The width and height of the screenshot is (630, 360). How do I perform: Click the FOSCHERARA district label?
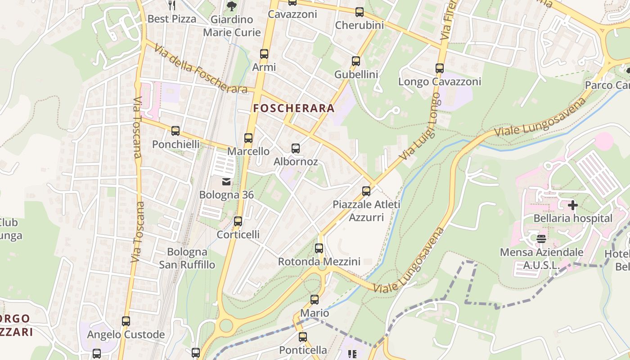coord(294,108)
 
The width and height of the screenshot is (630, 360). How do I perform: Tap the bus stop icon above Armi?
coord(264,54)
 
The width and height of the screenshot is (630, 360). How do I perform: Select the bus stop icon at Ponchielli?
coord(175,131)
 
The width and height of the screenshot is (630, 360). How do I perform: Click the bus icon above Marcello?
coord(248,138)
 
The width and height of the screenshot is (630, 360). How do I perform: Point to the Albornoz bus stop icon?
coord(296,148)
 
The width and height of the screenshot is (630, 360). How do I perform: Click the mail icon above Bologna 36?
coord(226,182)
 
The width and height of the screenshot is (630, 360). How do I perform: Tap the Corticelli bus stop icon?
coord(238,221)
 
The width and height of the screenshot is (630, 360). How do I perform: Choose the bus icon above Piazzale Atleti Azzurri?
coord(366,191)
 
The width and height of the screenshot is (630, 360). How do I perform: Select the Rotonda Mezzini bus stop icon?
coord(319,248)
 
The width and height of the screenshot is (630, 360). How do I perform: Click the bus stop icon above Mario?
coord(315,299)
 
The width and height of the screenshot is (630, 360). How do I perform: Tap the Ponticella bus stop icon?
coord(303,337)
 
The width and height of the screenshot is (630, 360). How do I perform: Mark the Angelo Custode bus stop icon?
coord(126,321)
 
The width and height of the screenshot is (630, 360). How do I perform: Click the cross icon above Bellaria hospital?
coord(572,205)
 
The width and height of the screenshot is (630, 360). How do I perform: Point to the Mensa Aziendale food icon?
coord(541,238)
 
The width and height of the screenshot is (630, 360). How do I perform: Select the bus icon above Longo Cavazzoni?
coord(440,68)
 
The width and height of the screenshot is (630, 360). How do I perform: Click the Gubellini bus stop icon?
coord(356,61)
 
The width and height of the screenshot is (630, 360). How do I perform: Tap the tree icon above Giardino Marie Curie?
coord(231,6)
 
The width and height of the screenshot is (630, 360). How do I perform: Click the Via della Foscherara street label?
coord(201,69)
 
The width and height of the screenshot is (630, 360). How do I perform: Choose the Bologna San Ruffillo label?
coord(187,258)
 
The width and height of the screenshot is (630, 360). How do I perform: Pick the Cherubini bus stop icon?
coord(360,12)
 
